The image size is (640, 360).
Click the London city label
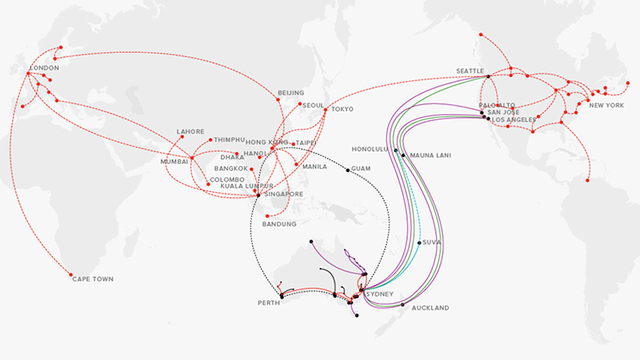(x=44, y=67)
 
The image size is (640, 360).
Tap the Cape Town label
(x=93, y=279)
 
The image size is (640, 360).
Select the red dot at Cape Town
(x=71, y=275)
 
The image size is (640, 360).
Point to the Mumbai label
(x=175, y=160)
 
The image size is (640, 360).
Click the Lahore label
(x=190, y=131)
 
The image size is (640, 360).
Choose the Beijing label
(x=291, y=92)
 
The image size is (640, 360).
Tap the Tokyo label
(x=342, y=109)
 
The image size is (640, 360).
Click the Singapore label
(x=286, y=194)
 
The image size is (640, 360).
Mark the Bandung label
(x=279, y=224)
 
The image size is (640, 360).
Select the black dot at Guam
(x=347, y=170)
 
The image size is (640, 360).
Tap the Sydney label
(x=381, y=294)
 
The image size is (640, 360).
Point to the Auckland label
(x=429, y=307)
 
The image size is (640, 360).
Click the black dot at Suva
(x=419, y=242)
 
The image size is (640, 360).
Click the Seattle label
(x=469, y=70)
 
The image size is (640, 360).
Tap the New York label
(x=606, y=105)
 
